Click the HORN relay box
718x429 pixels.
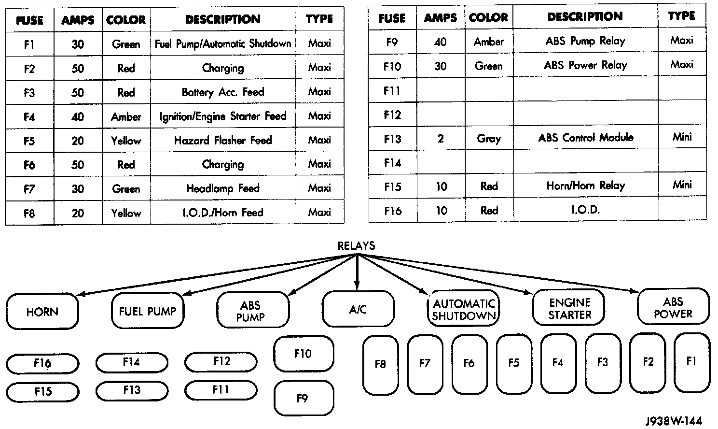[x=42, y=312]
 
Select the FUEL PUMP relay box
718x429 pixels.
[x=148, y=311]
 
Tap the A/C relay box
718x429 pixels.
[x=358, y=310]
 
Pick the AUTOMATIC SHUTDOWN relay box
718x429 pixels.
[x=464, y=310]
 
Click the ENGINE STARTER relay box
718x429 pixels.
[x=569, y=309]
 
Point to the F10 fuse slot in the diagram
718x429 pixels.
[x=304, y=354]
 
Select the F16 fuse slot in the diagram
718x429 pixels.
[x=42, y=363]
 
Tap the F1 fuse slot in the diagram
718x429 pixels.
[x=691, y=362]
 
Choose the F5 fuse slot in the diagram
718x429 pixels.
[x=513, y=363]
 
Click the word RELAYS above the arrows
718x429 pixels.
[x=357, y=245]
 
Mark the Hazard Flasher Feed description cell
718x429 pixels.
[x=223, y=141]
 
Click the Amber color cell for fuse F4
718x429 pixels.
[x=126, y=117]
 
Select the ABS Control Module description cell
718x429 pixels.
[x=585, y=138]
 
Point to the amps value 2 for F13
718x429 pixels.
[x=441, y=139]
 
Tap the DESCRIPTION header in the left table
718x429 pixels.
[x=223, y=19]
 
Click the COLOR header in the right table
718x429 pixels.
[x=488, y=18]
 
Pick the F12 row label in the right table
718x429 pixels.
[x=392, y=115]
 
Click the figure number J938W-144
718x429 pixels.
[x=674, y=420]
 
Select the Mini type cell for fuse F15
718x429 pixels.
[x=682, y=185]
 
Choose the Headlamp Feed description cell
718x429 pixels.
[x=223, y=188]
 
